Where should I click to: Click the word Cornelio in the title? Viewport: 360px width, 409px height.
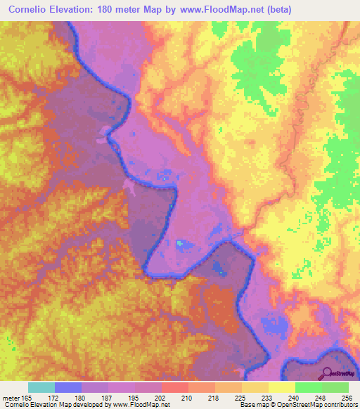pyautogui.click(x=32, y=9)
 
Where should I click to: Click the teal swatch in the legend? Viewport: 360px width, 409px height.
pyautogui.click(x=41, y=387)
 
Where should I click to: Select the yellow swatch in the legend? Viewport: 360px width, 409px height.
pyautogui.click(x=281, y=387)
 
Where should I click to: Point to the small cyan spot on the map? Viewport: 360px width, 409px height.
pyautogui.click(x=179, y=243)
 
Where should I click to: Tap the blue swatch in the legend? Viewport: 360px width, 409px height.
pyautogui.click(x=68, y=387)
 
